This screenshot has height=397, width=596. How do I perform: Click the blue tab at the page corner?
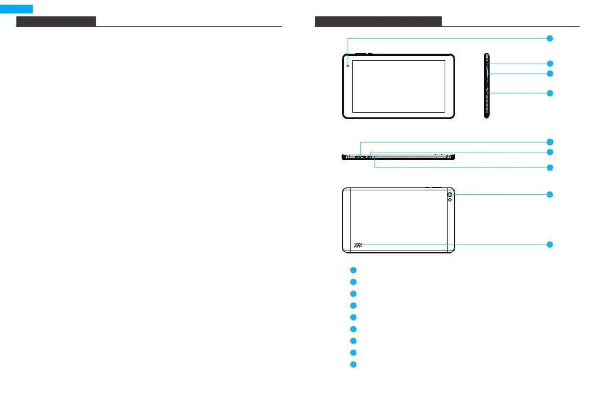(x=16, y=9)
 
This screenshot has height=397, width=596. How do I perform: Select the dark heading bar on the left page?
(x=56, y=22)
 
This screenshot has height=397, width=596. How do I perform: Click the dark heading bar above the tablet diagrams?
(x=378, y=22)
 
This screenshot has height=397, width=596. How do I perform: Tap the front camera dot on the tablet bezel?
(x=348, y=65)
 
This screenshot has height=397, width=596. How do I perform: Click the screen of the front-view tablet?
(x=399, y=86)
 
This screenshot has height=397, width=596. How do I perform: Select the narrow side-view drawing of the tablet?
(x=486, y=86)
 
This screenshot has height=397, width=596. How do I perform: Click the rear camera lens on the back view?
(x=451, y=194)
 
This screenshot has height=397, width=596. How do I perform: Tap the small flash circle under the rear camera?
(x=451, y=201)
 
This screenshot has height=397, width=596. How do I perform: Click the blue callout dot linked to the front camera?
(x=550, y=38)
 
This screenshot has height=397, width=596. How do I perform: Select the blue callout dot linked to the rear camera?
(x=550, y=194)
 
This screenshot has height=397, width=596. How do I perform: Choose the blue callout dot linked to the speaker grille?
(x=550, y=245)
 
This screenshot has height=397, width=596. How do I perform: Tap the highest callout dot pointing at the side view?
(x=550, y=63)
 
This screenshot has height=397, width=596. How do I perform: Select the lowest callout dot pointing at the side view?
(x=550, y=93)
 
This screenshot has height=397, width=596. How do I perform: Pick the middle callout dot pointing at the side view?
(x=550, y=74)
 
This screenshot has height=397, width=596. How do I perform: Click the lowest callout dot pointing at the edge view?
(x=550, y=168)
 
